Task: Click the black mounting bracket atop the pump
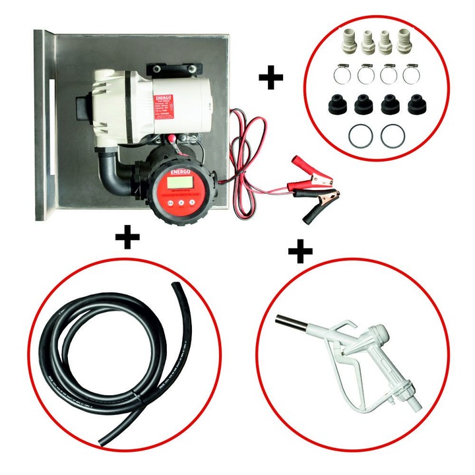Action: click(x=174, y=69)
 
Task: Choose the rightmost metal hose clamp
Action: click(x=410, y=73)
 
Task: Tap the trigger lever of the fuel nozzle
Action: click(x=360, y=369)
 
